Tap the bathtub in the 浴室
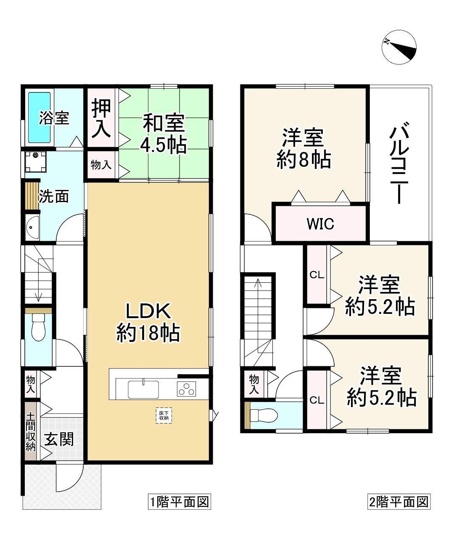[x=40, y=118]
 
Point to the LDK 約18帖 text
[x=148, y=322]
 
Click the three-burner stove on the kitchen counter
[x=187, y=389]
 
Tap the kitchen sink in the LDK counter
[x=143, y=389]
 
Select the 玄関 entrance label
[x=59, y=439]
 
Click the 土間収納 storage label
[x=31, y=431]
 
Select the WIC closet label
[x=320, y=224]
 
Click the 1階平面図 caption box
[x=179, y=502]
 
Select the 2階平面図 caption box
[x=398, y=502]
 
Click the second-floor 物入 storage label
[x=253, y=384]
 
